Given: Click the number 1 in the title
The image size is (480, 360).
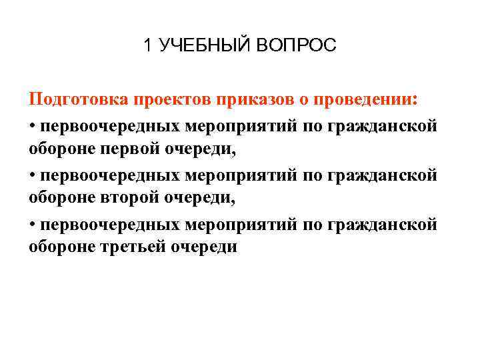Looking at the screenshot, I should click(x=147, y=46).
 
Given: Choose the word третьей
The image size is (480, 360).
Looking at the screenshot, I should click(x=133, y=247).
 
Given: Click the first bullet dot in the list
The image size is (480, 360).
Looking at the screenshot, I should click(x=32, y=125).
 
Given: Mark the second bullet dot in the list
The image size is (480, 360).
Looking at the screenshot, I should click(x=32, y=175).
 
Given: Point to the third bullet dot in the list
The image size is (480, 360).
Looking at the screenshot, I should click(x=32, y=224).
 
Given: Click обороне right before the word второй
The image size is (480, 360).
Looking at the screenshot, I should click(x=62, y=197).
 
